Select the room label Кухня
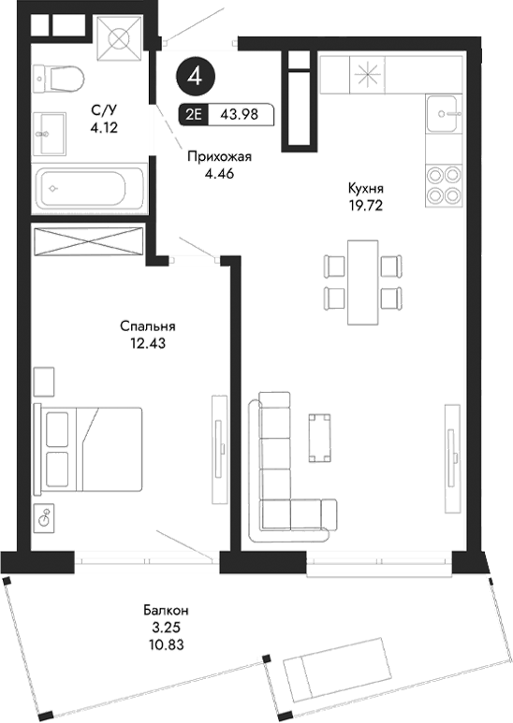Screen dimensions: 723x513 365,187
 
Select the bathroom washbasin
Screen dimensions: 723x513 50,132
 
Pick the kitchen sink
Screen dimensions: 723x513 444,116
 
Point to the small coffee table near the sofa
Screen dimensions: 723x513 320,437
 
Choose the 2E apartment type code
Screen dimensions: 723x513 193,115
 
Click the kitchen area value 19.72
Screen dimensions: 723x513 365,202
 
